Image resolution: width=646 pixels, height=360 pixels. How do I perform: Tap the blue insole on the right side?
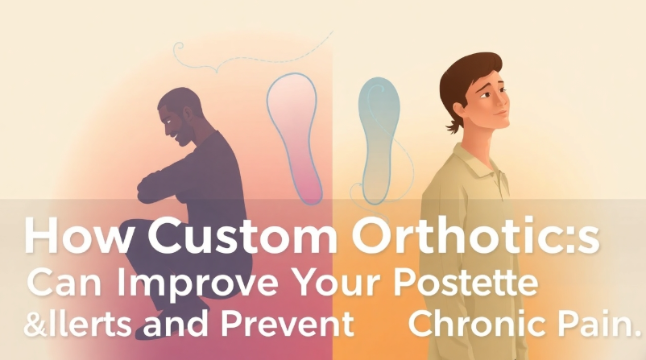380,133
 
